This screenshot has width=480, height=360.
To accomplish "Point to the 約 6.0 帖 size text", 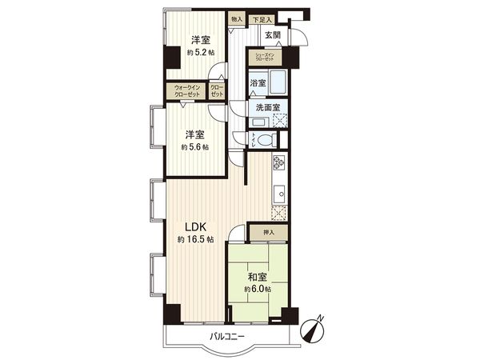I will pyautogui.click(x=257, y=289).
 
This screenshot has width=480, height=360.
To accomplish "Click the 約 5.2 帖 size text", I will pyautogui.click(x=199, y=53).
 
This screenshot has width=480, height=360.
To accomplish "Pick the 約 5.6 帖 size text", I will pyautogui.click(x=194, y=147).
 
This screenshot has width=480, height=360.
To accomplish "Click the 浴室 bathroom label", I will pyautogui.click(x=258, y=83).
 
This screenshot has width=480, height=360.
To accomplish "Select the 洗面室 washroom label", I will pyautogui.click(x=268, y=109).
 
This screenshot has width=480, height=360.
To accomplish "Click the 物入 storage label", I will pyautogui.click(x=236, y=18).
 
